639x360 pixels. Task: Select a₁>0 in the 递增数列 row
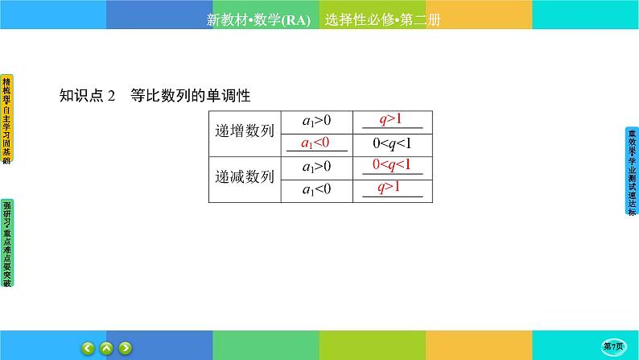[x=316, y=121]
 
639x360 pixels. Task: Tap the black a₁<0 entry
[x=316, y=189]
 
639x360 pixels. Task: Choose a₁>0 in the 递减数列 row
[x=316, y=167]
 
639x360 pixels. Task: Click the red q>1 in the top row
[x=391, y=120]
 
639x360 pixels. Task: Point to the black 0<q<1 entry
[x=392, y=143]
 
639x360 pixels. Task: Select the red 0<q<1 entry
[x=392, y=165]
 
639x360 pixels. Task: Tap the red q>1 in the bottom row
[x=391, y=188]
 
